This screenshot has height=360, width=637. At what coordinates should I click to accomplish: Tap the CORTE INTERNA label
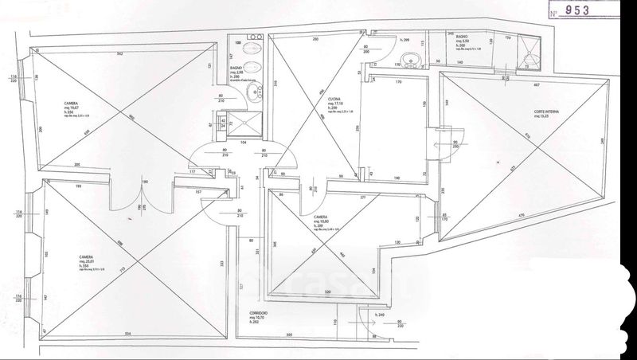[525, 112]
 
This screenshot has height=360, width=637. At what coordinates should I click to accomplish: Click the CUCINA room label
[334, 99]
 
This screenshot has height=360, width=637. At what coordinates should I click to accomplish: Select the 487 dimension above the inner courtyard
[537, 84]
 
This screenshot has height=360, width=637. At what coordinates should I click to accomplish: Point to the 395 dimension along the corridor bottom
[290, 334]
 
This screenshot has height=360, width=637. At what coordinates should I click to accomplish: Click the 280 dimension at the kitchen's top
[315, 40]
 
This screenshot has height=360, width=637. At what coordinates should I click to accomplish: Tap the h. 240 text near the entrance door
[381, 316]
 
